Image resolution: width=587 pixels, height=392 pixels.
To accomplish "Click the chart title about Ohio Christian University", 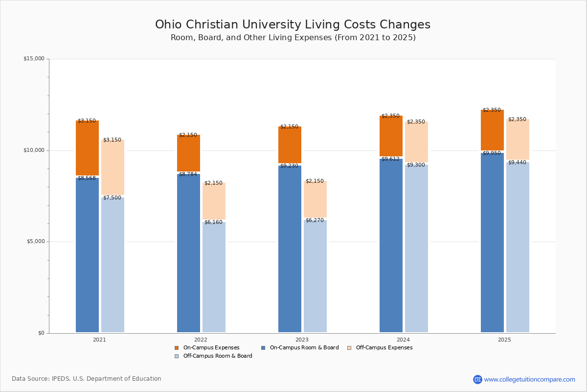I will (293, 25).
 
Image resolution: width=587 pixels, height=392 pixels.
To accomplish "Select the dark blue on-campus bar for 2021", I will (87, 255).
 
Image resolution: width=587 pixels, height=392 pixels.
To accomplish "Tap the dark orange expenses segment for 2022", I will (188, 153).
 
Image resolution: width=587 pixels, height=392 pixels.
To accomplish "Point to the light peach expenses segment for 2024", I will (416, 142).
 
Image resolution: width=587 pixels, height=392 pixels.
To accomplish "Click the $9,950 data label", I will (492, 153).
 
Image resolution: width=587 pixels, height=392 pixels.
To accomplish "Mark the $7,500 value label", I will (112, 198).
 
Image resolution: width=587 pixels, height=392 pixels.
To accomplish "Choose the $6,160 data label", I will (213, 222).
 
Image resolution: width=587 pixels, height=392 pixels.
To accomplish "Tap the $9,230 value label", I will (289, 166).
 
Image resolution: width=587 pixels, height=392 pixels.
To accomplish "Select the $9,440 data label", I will (517, 163).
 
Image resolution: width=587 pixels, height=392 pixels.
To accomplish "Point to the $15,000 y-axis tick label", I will (34, 59).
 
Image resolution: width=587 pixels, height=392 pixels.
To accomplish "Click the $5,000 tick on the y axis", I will (35, 242).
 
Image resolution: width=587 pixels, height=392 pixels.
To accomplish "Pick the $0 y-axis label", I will (41, 333).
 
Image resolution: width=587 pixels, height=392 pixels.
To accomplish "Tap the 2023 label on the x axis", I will (302, 340).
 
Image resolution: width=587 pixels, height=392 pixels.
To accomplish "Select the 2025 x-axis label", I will (504, 340).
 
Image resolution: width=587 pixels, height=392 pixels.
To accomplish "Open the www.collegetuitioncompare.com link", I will (529, 379).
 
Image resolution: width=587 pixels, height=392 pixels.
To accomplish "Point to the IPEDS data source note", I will (87, 379).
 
